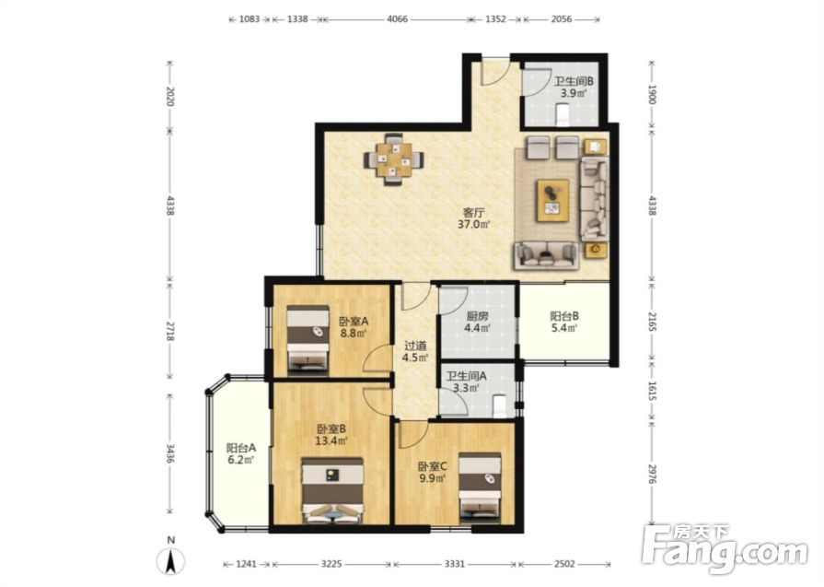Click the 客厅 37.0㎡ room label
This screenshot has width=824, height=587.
coord(474,218)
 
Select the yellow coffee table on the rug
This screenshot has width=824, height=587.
coord(552,200)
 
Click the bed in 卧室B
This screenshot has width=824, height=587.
coord(332,490)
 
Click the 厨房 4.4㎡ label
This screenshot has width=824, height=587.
coord(478,323)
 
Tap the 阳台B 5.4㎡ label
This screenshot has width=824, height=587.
coord(564,323)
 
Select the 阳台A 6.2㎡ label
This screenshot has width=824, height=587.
coord(241,454)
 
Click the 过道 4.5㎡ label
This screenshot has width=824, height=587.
coord(415,352)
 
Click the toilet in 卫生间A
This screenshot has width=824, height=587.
coord(500,406)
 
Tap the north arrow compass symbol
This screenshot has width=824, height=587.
coord(171,558)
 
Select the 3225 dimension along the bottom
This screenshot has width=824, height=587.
coord(331,564)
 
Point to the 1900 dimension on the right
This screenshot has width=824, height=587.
coord(652,94)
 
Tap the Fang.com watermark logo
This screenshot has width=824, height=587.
coord(725,548)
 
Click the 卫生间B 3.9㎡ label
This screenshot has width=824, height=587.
coord(574,88)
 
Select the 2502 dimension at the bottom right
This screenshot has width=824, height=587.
coord(563,564)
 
